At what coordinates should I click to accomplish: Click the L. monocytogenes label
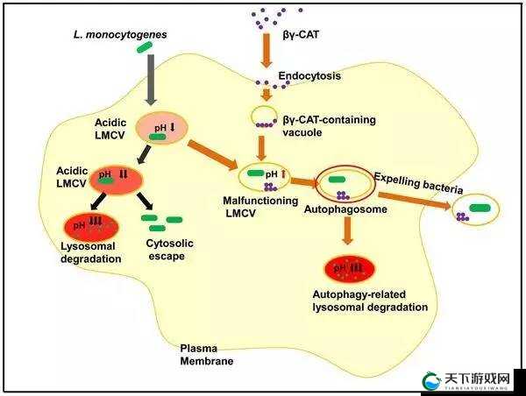click(x=120, y=35)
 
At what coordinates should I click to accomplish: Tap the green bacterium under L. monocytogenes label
click(x=145, y=47)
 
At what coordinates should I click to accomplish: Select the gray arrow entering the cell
click(x=151, y=80)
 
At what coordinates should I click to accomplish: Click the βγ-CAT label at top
click(x=301, y=34)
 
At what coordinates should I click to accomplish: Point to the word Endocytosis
click(x=309, y=75)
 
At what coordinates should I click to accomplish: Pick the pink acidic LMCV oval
click(x=161, y=128)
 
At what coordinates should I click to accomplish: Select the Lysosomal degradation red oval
click(x=91, y=226)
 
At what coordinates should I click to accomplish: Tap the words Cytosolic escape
click(x=169, y=250)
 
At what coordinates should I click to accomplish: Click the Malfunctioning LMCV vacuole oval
click(x=239, y=177)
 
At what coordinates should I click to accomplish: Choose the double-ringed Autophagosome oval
click(x=316, y=184)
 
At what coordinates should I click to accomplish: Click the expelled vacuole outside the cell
click(x=453, y=210)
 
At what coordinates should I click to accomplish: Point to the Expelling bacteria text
click(x=418, y=183)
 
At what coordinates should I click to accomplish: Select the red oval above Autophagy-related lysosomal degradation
click(x=349, y=268)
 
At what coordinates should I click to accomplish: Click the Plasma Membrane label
click(x=206, y=355)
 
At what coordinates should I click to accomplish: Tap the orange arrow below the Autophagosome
click(x=347, y=230)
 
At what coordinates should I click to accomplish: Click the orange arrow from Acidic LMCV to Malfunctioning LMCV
click(x=212, y=155)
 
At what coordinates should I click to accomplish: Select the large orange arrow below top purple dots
click(x=267, y=50)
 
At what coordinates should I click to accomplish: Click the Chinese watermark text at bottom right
click(x=477, y=378)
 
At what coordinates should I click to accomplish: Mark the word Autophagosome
click(x=345, y=209)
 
